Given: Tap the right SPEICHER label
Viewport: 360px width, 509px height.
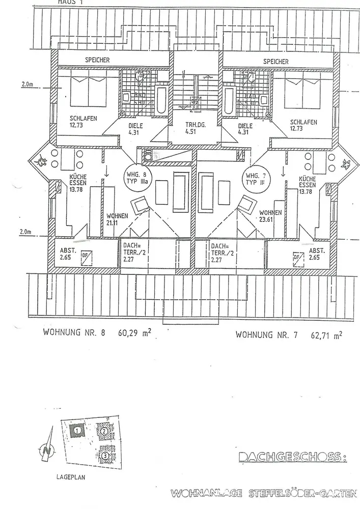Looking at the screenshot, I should tap(276, 62).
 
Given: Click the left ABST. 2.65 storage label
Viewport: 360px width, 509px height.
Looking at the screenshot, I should tap(68, 253).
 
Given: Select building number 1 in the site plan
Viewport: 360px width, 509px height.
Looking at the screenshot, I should tap(77, 431).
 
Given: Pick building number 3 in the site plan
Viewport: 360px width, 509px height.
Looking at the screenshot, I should tap(104, 455).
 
